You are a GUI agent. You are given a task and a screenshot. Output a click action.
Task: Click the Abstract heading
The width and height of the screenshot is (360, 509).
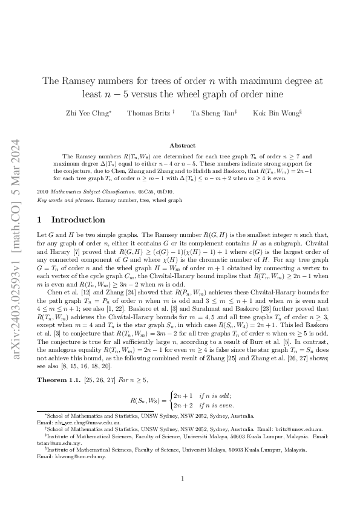pos(182,145)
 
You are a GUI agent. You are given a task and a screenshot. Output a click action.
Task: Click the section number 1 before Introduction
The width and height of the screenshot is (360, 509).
pos(39,220)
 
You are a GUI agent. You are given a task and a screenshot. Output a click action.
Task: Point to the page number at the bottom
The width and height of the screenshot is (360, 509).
pos(182,479)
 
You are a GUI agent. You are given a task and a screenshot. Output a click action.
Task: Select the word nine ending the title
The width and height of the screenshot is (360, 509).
pos(269,94)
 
